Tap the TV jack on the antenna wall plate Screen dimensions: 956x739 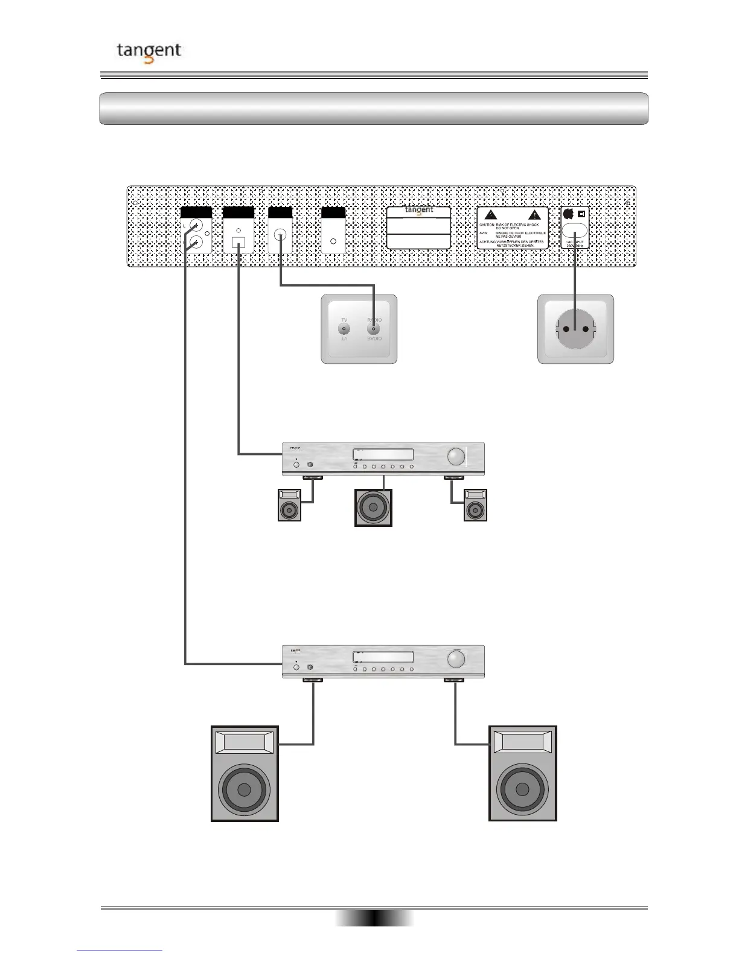[x=344, y=329]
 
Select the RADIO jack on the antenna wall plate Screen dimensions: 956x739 [x=374, y=329]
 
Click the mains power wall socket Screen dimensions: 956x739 [x=575, y=329]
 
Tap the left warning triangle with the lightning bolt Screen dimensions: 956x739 [x=491, y=215]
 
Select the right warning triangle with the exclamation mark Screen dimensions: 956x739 [x=534, y=215]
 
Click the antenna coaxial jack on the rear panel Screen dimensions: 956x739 [x=280, y=235]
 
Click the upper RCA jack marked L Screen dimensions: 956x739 [x=194, y=228]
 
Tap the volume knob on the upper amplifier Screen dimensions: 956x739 [x=456, y=456]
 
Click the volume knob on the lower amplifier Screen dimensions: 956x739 [x=456, y=660]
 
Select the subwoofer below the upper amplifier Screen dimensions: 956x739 [x=373, y=508]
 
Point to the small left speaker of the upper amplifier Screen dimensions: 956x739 [x=289, y=506]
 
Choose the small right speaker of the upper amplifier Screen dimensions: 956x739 [x=475, y=506]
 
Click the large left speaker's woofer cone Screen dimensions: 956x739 [x=245, y=789]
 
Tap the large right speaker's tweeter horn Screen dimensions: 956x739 [x=522, y=741]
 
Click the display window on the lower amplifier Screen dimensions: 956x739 [x=383, y=657]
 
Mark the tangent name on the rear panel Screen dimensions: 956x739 [x=419, y=210]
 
